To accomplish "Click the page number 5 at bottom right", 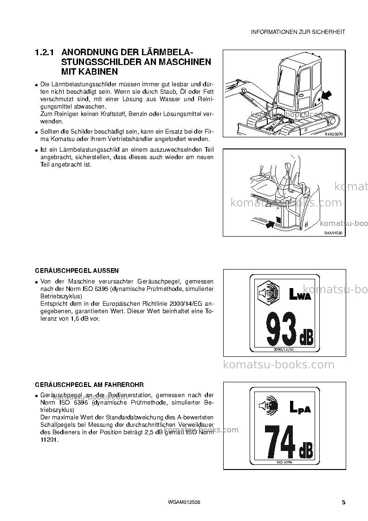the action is pyautogui.click(x=344, y=502).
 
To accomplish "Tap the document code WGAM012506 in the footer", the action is pyautogui.click(x=185, y=502).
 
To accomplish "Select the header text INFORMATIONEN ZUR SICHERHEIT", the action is pyautogui.click(x=298, y=32).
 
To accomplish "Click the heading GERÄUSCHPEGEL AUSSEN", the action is pyautogui.click(x=77, y=271).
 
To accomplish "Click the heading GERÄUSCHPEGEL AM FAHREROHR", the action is pyautogui.click(x=90, y=385).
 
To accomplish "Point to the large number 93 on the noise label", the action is pyautogui.click(x=281, y=328).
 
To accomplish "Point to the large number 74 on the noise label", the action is pyautogui.click(x=279, y=442).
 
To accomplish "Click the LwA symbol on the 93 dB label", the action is pyautogui.click(x=300, y=295).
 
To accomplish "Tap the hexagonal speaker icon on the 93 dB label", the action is pyautogui.click(x=269, y=292).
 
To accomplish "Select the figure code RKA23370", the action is pyautogui.click(x=333, y=134).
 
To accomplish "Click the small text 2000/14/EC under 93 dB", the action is pyautogui.click(x=284, y=349).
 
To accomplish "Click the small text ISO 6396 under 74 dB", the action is pyautogui.click(x=284, y=462).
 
